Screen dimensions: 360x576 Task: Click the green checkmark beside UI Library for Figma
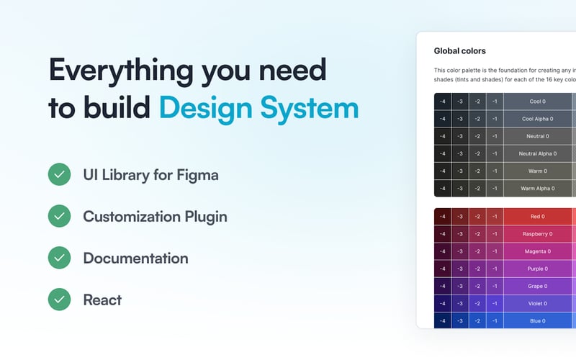click(59, 174)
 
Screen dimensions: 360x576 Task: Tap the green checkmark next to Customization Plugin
click(59, 216)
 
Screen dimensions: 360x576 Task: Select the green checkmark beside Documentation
click(59, 258)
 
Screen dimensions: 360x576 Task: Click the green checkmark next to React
click(59, 300)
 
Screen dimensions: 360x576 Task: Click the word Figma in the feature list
click(197, 175)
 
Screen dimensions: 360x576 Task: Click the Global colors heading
click(459, 51)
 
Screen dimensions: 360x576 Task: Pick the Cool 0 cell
click(537, 102)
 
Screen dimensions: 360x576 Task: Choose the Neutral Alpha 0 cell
click(537, 153)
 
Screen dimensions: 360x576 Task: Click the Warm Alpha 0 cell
click(537, 189)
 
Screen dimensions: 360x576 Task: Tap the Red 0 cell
click(537, 217)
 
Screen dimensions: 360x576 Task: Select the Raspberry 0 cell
click(537, 234)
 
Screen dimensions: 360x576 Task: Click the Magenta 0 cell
click(537, 251)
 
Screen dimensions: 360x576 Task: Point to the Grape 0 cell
click(537, 286)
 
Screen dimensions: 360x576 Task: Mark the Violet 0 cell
click(537, 303)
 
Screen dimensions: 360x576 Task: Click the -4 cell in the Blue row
click(443, 321)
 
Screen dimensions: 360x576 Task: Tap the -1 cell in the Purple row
click(495, 269)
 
